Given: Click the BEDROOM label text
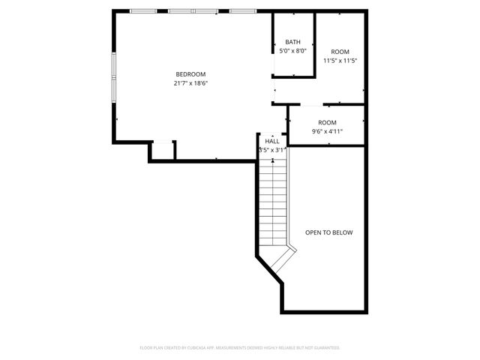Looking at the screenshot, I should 190,74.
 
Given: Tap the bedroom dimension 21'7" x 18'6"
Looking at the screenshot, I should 190,83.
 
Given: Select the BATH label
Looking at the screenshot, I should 292,42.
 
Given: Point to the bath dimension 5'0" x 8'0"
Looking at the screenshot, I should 292,51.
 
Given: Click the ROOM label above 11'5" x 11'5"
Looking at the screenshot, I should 340,52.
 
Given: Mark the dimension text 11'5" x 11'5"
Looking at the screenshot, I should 340,61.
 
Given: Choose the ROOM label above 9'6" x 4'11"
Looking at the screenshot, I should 327,122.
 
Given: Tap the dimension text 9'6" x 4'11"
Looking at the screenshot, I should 327,131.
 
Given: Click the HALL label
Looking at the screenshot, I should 272,141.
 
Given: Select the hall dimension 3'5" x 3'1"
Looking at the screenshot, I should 272,150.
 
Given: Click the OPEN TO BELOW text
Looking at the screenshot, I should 328,232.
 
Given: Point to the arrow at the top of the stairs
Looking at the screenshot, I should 272,160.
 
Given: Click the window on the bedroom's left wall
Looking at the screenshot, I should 114,76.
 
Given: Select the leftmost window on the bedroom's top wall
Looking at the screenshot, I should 144,11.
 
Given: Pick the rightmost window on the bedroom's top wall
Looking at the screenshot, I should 241,11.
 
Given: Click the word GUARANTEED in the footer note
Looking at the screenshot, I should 325,348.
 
